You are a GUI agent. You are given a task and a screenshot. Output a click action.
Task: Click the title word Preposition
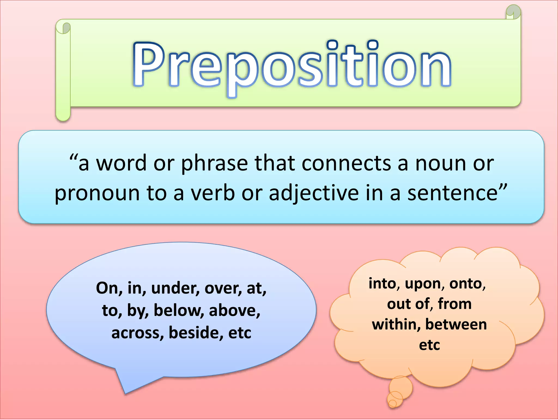point(292,65)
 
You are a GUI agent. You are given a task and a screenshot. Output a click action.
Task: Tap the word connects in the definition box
point(346,163)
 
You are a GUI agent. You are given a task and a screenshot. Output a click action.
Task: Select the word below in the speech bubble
point(179,310)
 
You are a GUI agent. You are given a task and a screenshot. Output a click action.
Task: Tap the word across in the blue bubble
point(138,333)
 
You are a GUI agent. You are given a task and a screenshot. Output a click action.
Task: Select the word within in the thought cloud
point(396,325)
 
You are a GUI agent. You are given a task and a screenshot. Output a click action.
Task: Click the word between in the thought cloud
point(456,325)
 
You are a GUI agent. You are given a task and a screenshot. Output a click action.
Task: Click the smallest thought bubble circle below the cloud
point(392,403)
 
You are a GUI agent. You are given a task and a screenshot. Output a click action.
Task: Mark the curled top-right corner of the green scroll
point(513,12)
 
